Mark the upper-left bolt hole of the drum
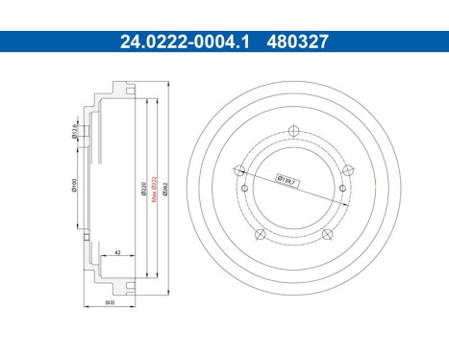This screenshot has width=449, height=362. (235, 170)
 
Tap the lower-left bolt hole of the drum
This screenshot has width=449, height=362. (259, 234)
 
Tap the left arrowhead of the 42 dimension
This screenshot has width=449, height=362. (104, 258)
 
